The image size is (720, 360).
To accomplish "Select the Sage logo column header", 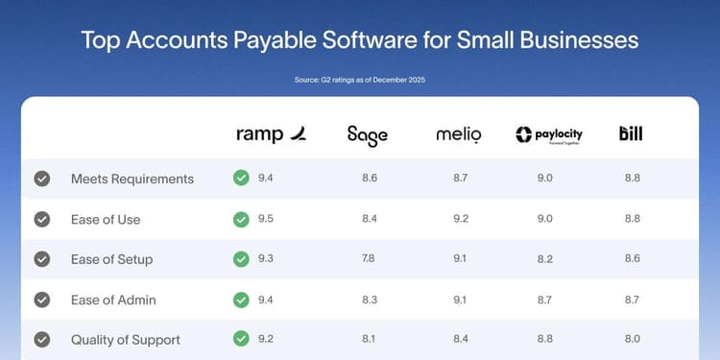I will pos(368,134).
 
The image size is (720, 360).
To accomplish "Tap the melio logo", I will pos(458,134).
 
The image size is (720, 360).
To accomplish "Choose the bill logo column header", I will pos(631,133).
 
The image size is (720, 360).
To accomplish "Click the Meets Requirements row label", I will pos(132,179).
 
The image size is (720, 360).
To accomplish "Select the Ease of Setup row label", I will pos(111,259).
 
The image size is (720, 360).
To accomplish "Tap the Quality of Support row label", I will pos(125,340).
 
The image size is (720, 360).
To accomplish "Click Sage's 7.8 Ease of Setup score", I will pos(369,259).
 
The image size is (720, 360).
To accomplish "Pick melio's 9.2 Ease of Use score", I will pos(460,219).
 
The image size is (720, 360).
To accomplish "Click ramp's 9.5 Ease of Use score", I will pos(266,219).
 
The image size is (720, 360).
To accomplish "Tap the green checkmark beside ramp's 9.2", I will pos(241,340).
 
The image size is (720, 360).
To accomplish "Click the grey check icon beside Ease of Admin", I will pos(42,300).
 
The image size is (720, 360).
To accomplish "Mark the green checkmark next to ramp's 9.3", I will pos(241,259).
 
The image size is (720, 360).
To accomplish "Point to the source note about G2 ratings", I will pos(360,80).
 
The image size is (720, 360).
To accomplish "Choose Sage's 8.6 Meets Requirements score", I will pos(369,179).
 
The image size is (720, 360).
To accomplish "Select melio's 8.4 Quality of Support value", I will pos(460,340).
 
